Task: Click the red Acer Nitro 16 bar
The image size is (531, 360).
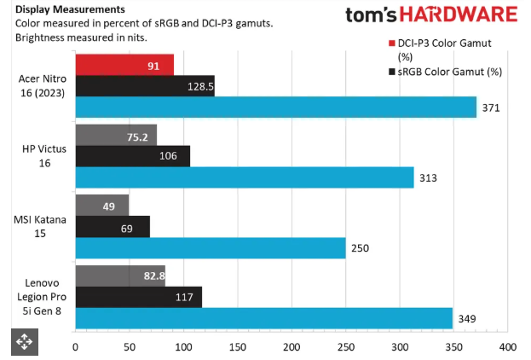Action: tap(124, 65)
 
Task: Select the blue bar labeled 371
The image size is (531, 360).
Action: tap(275, 107)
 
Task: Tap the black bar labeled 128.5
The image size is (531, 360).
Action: tap(145, 86)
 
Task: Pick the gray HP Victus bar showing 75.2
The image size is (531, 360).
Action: tap(116, 135)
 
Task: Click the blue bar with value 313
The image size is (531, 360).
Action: tap(245, 177)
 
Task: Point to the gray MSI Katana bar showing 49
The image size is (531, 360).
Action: tap(101, 206)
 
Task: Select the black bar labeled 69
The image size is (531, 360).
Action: tap(113, 227)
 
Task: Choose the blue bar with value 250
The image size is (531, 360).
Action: tap(211, 247)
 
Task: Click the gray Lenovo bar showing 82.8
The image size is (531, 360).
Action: tap(120, 276)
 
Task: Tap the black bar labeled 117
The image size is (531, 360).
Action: tap(139, 297)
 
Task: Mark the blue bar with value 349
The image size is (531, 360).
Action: tap(263, 318)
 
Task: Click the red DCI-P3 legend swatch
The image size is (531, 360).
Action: tap(391, 43)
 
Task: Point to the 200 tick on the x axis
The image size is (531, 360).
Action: tap(291, 347)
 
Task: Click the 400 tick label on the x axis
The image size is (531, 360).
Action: tap(507, 347)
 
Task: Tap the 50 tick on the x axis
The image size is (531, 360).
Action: tap(130, 347)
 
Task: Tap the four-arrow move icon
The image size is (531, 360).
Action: tap(22, 342)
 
